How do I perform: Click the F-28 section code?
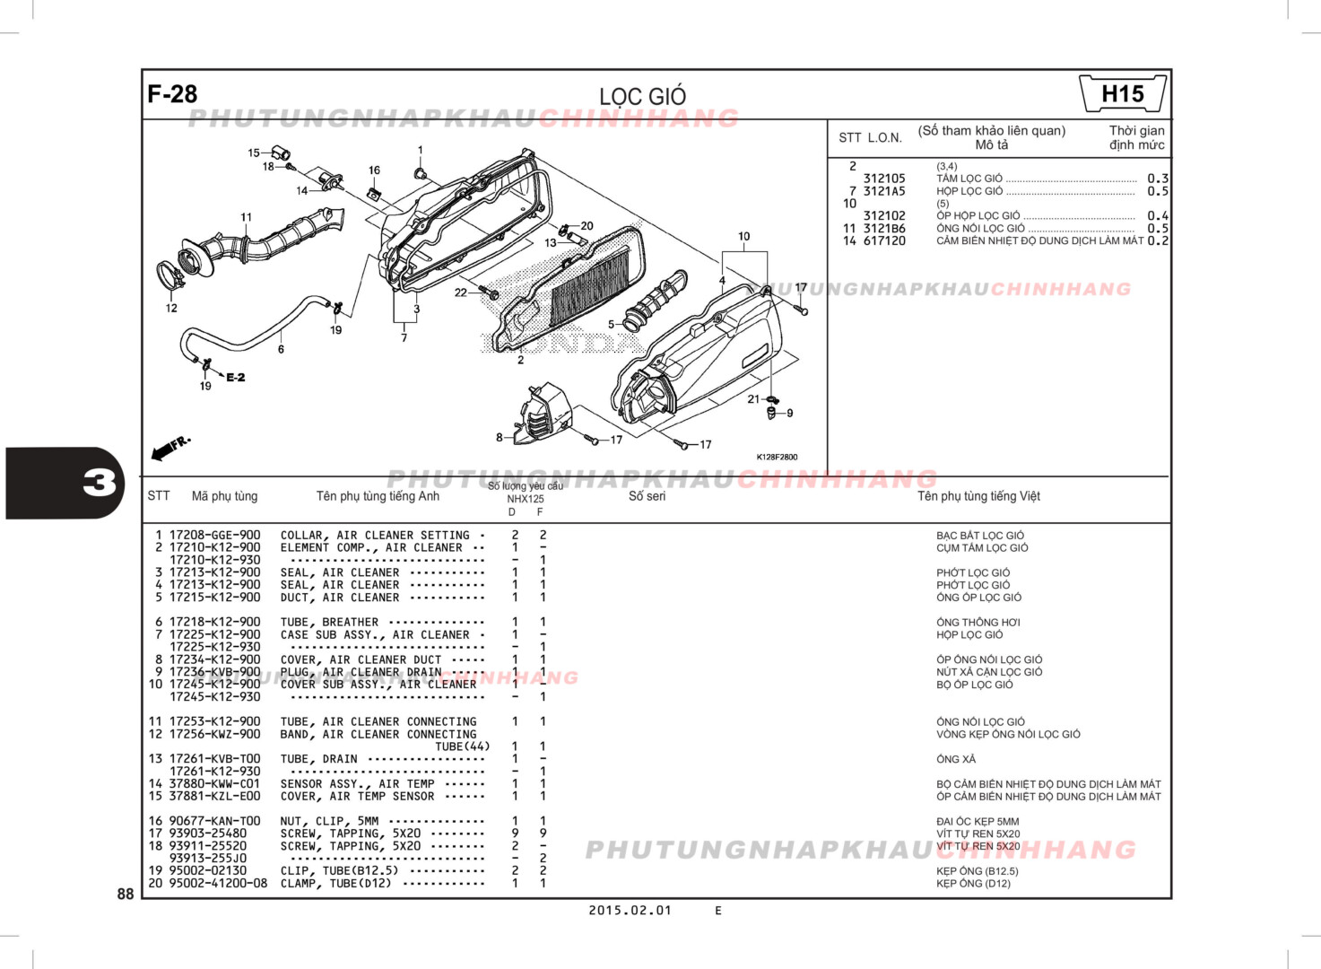tap(172, 94)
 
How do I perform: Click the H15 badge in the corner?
tap(1122, 94)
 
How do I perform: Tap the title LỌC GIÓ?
tap(642, 96)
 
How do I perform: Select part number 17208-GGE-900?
tap(215, 535)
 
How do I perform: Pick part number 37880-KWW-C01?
tap(215, 783)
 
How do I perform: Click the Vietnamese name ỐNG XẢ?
tap(956, 759)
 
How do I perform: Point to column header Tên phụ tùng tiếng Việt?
tap(978, 496)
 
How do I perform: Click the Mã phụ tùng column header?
tap(224, 496)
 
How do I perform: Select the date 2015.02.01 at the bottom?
tap(630, 910)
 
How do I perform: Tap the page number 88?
tap(126, 894)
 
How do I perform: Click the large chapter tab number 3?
tap(99, 483)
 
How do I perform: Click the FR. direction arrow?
tap(170, 448)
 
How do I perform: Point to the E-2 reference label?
tap(235, 378)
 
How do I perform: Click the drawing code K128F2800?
tap(777, 457)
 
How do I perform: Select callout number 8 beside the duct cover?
tap(500, 438)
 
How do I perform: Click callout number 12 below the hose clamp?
tap(171, 308)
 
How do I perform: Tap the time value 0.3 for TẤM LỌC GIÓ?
tap(1157, 179)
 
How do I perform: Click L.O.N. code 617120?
tap(884, 240)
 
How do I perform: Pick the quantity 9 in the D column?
tap(515, 834)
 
